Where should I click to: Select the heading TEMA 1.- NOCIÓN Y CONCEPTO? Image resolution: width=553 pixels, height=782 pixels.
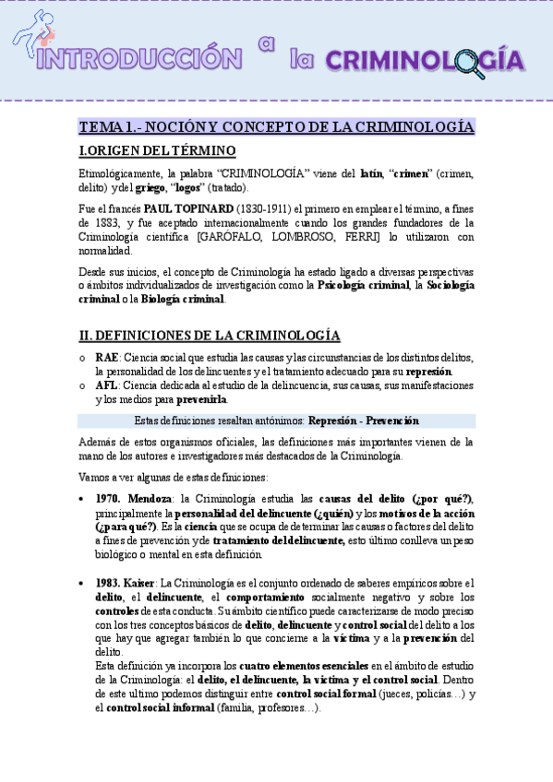click(x=277, y=127)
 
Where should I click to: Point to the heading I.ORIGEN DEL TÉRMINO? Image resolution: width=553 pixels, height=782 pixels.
click(x=157, y=151)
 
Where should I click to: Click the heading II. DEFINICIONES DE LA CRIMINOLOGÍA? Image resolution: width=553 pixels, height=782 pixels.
click(x=210, y=336)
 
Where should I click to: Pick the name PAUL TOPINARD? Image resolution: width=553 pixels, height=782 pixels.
click(x=188, y=208)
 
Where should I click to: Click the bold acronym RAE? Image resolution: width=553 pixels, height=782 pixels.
click(x=107, y=358)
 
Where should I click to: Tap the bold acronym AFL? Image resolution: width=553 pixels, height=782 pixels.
click(x=106, y=385)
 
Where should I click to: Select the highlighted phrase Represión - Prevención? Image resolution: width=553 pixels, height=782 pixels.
click(x=363, y=421)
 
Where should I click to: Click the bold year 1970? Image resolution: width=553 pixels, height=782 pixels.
click(x=109, y=499)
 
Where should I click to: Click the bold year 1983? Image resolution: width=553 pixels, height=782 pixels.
click(x=109, y=583)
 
